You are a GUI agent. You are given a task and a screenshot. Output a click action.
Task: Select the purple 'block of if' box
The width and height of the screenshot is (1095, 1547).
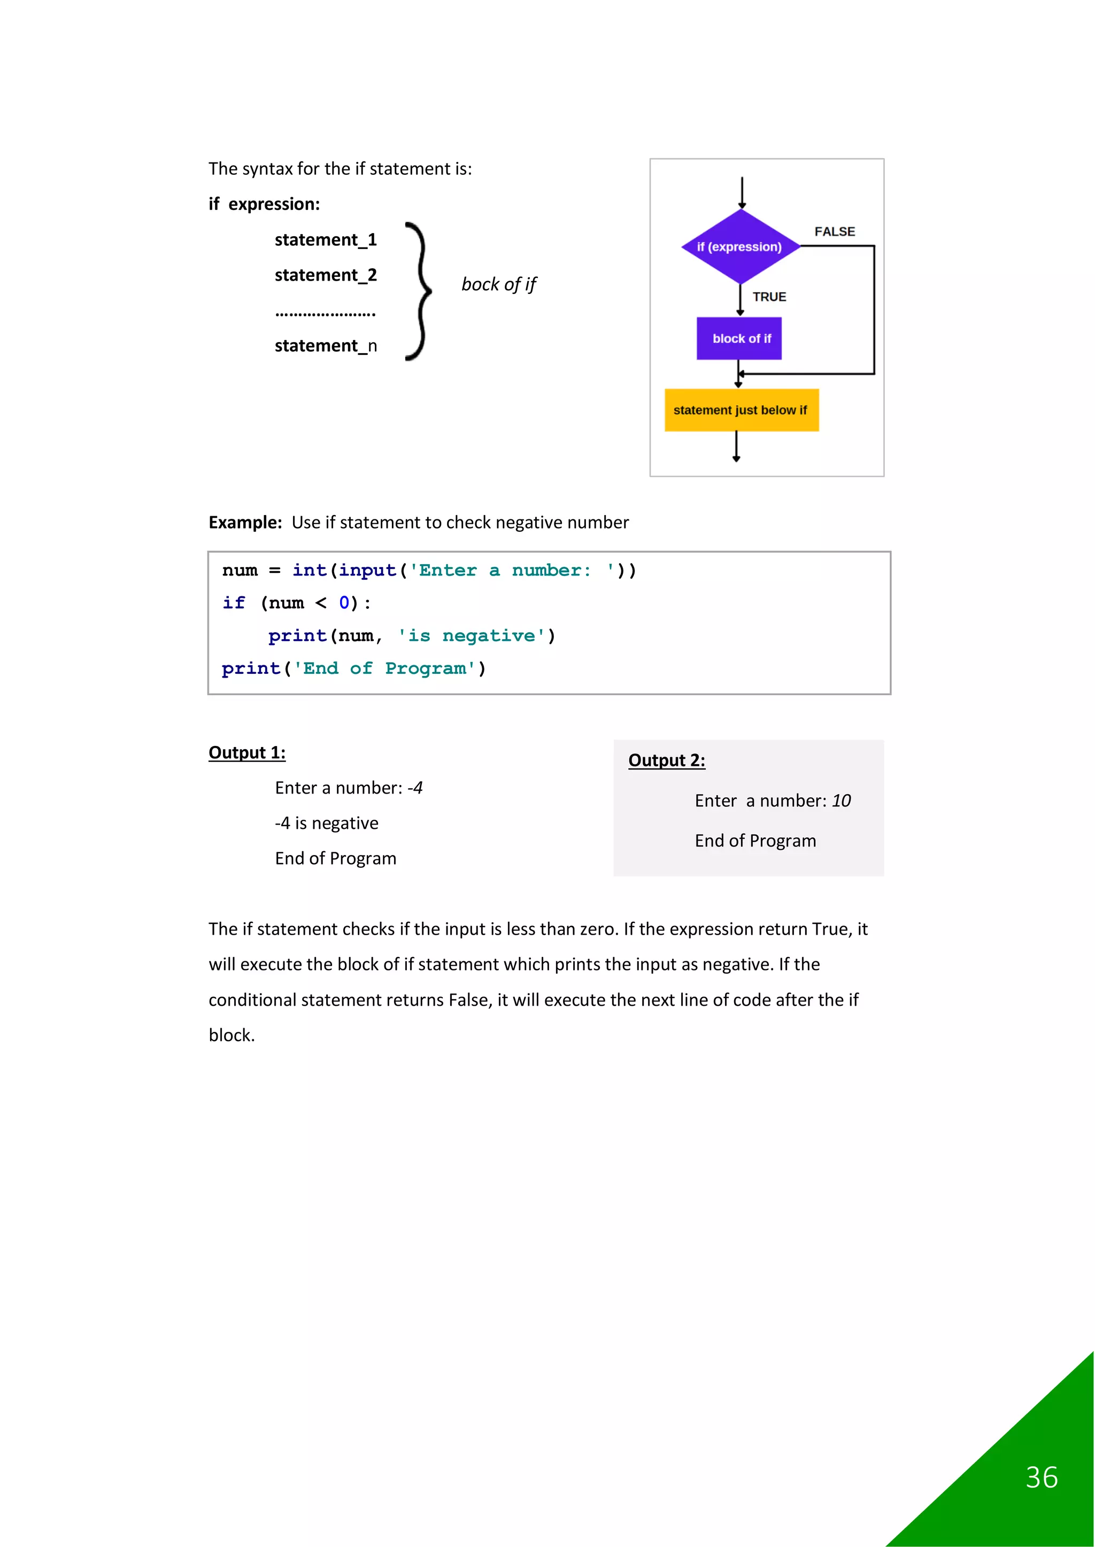click(x=739, y=338)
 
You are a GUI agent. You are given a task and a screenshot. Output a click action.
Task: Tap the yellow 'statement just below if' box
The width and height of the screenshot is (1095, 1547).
click(x=741, y=410)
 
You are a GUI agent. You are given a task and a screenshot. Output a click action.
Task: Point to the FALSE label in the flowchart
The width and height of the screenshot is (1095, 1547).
click(x=834, y=232)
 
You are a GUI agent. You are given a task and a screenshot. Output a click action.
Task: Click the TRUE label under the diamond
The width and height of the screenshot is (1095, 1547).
click(x=769, y=297)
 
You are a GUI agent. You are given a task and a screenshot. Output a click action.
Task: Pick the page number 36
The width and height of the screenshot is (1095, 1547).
click(x=1041, y=1478)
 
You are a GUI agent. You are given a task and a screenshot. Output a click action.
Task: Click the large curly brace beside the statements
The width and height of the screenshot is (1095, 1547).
click(x=419, y=291)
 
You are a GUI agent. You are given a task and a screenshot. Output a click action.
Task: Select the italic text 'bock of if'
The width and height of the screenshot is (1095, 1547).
click(x=498, y=284)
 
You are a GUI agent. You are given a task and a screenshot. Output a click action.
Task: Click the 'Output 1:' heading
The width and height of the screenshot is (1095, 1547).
click(x=247, y=752)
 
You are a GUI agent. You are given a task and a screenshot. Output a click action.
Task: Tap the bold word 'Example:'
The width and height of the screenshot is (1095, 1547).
click(x=245, y=522)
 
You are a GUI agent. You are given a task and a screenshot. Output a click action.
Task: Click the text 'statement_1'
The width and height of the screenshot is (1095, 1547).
click(x=326, y=240)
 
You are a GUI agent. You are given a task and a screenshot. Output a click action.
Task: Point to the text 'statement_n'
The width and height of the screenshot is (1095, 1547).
click(x=326, y=346)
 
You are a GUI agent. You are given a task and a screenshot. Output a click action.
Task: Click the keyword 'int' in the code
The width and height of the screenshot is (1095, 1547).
click(x=310, y=570)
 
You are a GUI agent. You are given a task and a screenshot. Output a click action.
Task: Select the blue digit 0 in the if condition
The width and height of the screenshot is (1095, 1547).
click(x=344, y=602)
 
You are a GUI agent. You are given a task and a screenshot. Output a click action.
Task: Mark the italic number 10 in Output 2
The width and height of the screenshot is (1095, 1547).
click(x=841, y=800)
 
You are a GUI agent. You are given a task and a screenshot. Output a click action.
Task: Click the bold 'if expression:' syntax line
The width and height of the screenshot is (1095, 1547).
click(x=264, y=204)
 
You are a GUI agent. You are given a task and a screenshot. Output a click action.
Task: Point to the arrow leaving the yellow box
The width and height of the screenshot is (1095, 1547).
click(x=736, y=447)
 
